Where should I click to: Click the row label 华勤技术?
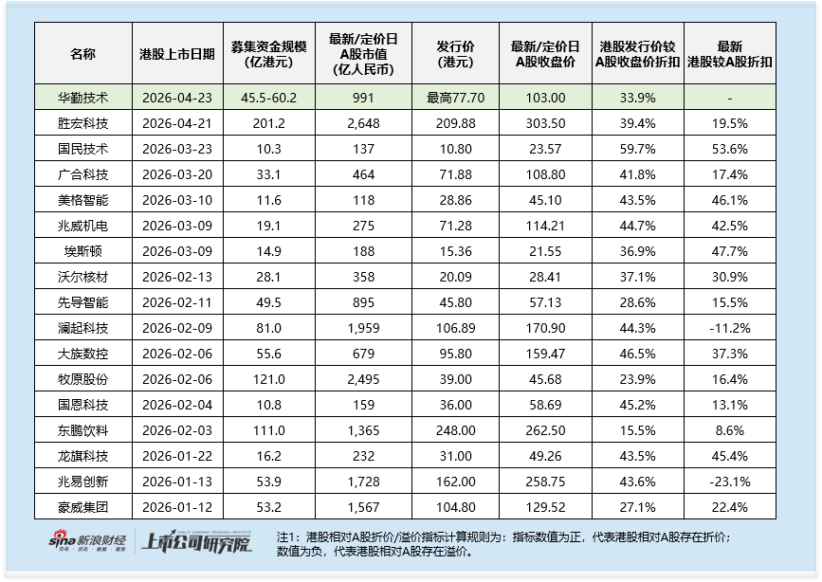[x=82, y=98]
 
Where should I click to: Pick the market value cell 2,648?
[x=364, y=122]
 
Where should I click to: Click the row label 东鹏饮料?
[x=82, y=431]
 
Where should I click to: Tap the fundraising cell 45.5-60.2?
[x=270, y=98]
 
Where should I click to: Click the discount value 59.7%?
[x=637, y=149]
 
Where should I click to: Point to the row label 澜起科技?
[x=82, y=328]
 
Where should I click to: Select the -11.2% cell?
[x=729, y=328]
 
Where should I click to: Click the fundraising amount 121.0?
[x=270, y=380]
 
